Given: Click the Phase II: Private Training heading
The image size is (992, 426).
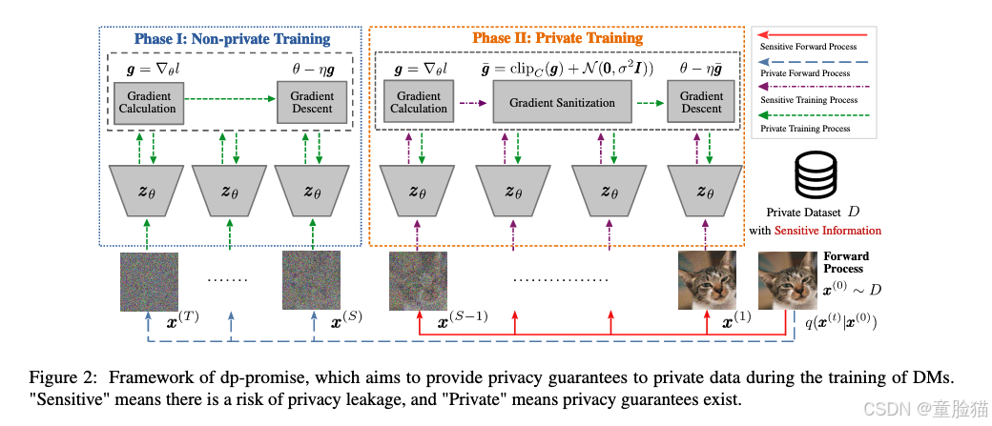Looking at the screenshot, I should (x=557, y=38).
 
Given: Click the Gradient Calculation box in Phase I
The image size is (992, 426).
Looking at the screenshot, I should (x=148, y=102).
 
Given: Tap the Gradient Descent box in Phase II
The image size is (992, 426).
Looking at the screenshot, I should (x=701, y=102).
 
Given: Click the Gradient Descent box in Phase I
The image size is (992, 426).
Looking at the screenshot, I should (x=312, y=102).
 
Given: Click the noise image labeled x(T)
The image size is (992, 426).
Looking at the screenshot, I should (x=149, y=281).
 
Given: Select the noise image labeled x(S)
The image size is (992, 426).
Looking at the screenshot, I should (x=311, y=281).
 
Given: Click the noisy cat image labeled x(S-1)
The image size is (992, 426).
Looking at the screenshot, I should (x=418, y=281).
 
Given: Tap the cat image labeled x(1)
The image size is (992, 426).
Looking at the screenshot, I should (x=706, y=281).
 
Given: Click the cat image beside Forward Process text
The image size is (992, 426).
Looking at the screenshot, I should (x=787, y=281).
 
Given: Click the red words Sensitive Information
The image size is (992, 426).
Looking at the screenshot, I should (x=827, y=231).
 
